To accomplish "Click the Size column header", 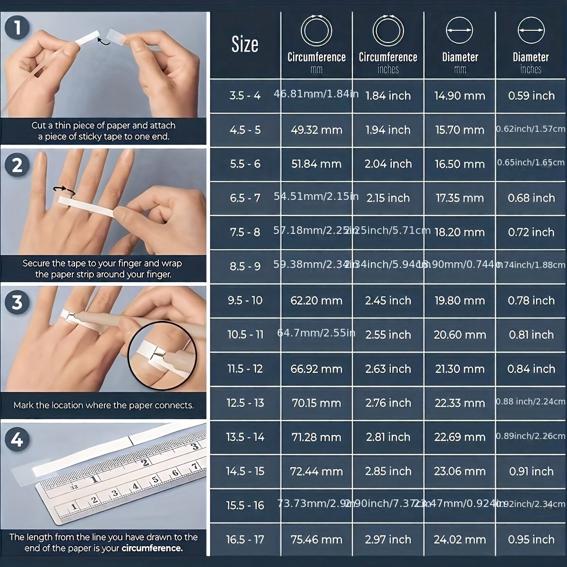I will click(245, 44).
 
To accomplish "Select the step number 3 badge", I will click(17, 302).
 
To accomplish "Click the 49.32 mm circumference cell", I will click(317, 130).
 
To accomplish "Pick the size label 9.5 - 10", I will click(245, 301).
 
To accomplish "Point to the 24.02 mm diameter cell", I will click(460, 540).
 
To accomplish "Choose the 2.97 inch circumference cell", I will click(388, 540).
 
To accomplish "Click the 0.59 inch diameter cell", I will click(531, 96).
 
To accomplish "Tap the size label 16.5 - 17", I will click(245, 540).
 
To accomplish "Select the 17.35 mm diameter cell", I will click(460, 198).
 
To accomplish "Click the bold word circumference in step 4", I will click(152, 549).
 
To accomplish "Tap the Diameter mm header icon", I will click(459, 30).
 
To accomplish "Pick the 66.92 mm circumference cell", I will click(317, 369).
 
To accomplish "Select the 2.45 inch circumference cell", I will click(388, 301).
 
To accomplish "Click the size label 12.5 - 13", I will click(245, 403).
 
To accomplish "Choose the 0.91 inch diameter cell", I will click(531, 472).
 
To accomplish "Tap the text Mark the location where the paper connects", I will click(103, 405).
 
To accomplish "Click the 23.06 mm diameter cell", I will click(460, 472).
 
